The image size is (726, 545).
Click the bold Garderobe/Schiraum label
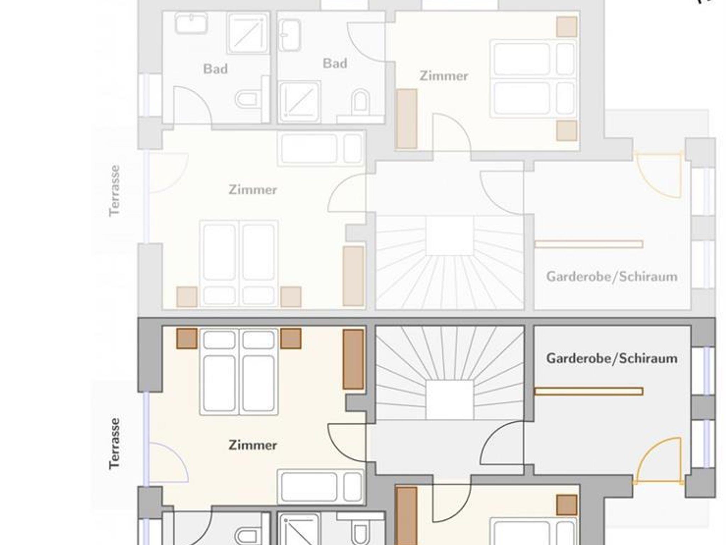pos(612,358)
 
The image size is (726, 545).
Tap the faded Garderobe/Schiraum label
pos(612,276)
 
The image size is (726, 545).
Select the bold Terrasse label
pos(115,444)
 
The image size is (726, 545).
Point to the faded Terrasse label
pos(115,191)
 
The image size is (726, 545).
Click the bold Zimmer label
pos(253,445)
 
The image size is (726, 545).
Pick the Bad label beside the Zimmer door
pos(335,63)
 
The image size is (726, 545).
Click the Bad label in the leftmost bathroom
pos(215,69)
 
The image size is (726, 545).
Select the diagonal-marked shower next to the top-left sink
pos(248,33)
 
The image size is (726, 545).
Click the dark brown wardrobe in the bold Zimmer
pos(353,359)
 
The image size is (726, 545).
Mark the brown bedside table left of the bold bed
pos(187,338)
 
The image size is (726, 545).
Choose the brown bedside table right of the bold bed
pos(291,338)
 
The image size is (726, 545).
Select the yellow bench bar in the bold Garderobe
pos(589,391)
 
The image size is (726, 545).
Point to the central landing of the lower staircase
pos(449,400)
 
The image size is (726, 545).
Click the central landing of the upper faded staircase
pos(449,235)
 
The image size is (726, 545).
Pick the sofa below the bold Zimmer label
pos(321,487)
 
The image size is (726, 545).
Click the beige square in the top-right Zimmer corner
pos(566,27)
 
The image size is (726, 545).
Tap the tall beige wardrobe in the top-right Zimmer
pos(406,119)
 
